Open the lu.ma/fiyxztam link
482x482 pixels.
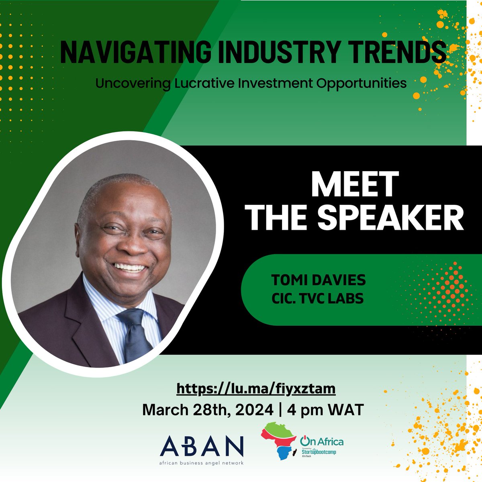pos(256,388)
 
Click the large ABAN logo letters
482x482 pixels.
pos(201,444)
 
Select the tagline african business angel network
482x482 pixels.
pos(201,462)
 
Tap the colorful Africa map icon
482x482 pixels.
pos(281,446)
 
